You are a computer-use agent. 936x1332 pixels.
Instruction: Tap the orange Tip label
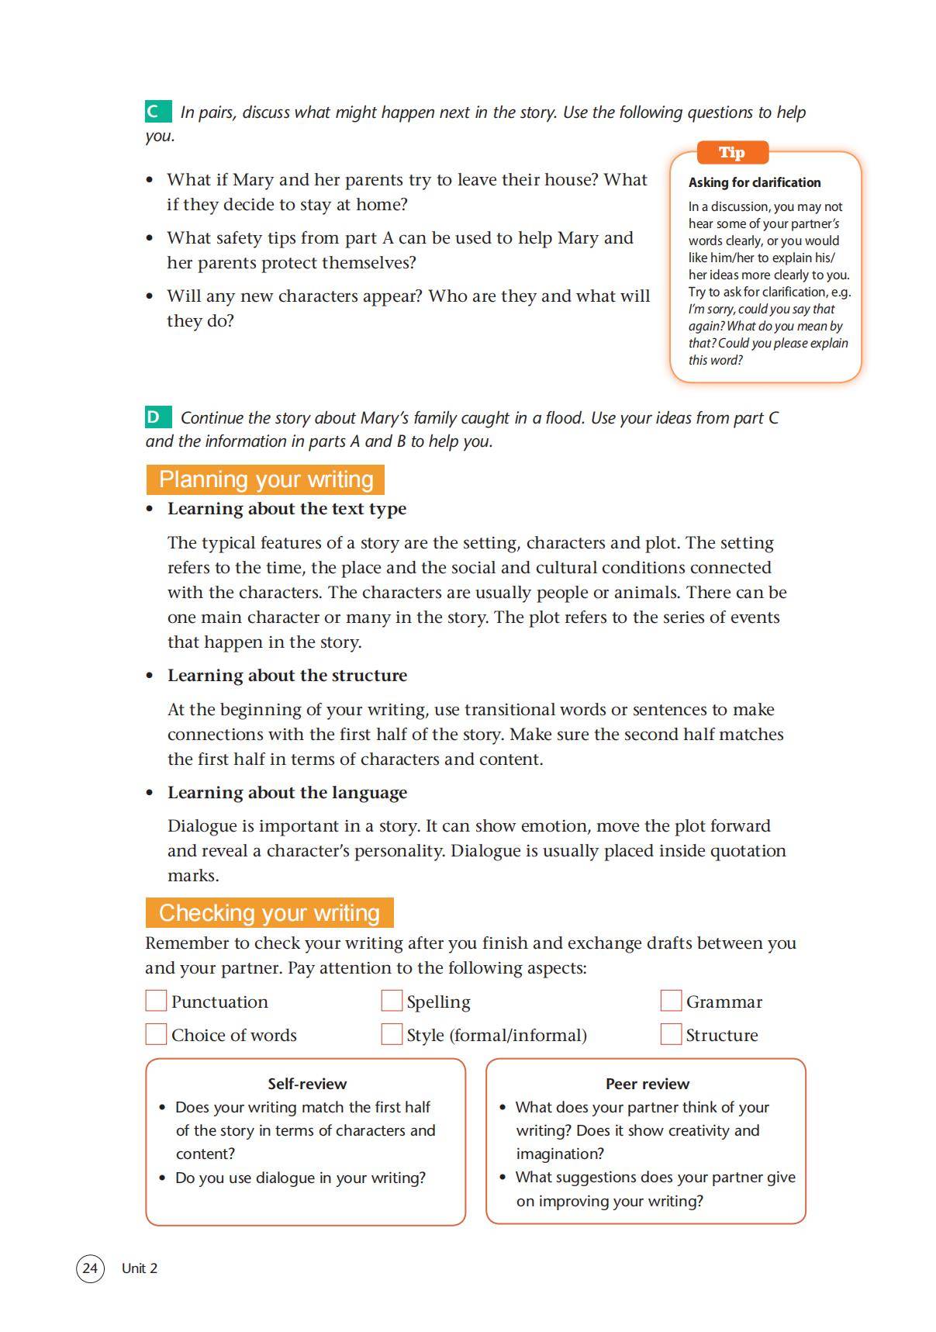click(x=732, y=153)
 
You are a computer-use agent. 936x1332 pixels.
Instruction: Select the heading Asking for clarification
click(x=754, y=182)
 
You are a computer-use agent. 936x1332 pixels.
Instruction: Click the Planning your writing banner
click(x=265, y=479)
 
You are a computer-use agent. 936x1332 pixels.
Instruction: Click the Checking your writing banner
click(x=269, y=913)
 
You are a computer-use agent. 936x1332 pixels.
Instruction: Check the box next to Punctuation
click(x=156, y=1001)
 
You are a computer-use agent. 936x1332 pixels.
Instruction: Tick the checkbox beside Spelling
click(x=392, y=1001)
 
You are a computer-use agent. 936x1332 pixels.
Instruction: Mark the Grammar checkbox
click(x=671, y=1001)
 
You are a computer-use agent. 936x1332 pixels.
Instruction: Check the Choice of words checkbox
click(x=156, y=1034)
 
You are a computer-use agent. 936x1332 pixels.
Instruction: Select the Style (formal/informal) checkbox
click(x=392, y=1034)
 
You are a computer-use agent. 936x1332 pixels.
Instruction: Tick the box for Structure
click(x=671, y=1034)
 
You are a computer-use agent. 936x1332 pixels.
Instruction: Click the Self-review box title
click(x=307, y=1084)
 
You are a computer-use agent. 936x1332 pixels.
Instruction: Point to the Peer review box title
click(x=648, y=1084)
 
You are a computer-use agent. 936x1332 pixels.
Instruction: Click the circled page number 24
click(x=90, y=1268)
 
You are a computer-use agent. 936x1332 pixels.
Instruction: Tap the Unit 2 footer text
click(x=140, y=1268)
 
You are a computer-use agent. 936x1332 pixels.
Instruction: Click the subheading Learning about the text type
click(x=287, y=509)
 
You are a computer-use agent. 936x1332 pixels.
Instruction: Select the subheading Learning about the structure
click(x=287, y=676)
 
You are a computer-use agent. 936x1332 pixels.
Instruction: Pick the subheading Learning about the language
click(x=287, y=793)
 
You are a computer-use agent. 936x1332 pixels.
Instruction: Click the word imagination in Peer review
click(x=559, y=1154)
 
